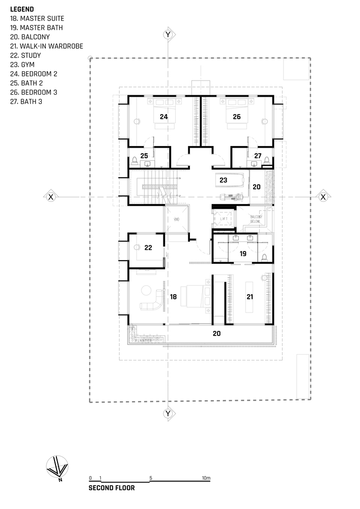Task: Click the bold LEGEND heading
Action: tap(22, 9)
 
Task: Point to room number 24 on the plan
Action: tap(163, 117)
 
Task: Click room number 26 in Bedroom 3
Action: tap(237, 117)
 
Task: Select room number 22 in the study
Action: tap(148, 248)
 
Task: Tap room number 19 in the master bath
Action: tap(243, 252)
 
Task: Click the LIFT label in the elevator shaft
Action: tap(224, 219)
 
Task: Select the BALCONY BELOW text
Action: tap(256, 219)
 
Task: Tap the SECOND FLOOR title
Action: tap(112, 488)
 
